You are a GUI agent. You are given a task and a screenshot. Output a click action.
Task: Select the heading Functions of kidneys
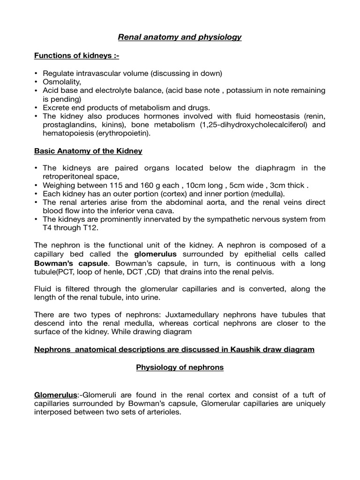tap(77, 56)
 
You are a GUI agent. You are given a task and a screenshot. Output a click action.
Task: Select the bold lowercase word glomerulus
tap(156, 255)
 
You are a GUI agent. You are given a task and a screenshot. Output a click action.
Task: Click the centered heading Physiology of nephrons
tap(180, 367)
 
